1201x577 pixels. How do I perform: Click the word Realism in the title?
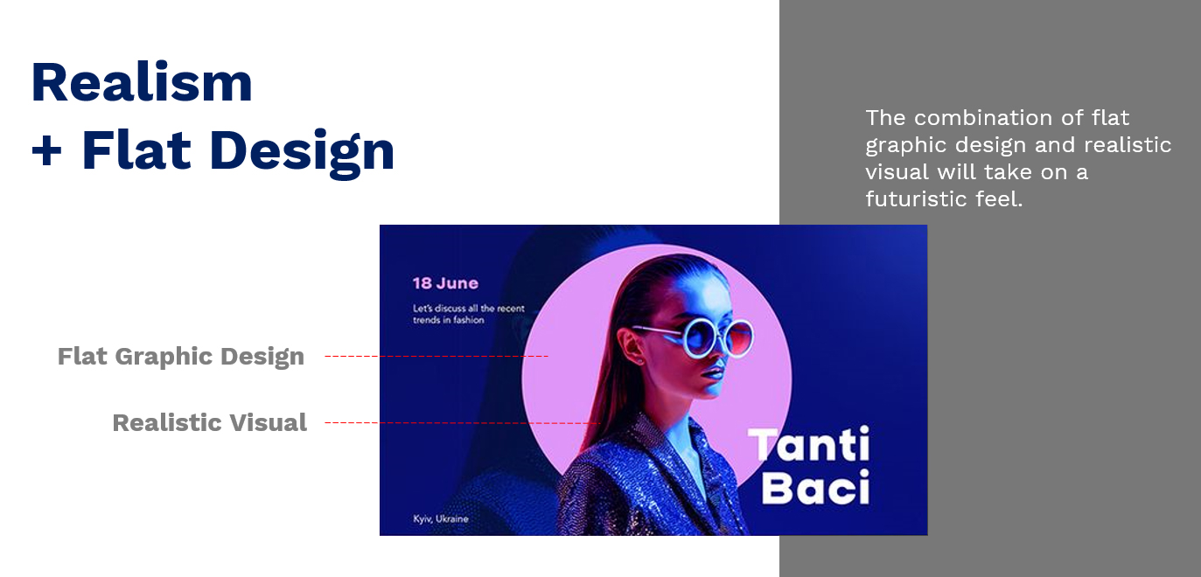(142, 82)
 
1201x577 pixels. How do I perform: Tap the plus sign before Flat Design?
(46, 151)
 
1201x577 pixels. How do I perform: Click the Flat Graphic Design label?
(181, 357)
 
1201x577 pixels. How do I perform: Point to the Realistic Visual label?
(209, 423)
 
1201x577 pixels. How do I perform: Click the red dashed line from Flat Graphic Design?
(436, 356)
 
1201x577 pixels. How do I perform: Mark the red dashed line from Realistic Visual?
(462, 423)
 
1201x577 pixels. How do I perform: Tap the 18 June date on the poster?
(445, 283)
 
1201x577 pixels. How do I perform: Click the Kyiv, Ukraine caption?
(441, 518)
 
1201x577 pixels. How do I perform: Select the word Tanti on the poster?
(808, 444)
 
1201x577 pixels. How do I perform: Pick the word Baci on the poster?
(815, 487)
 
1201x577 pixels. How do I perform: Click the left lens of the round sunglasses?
(701, 337)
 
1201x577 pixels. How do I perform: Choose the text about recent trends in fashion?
(469, 314)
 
